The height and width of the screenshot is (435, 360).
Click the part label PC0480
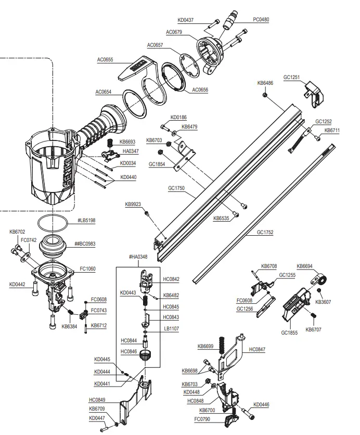click(261, 20)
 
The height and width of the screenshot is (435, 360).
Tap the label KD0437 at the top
click(185, 20)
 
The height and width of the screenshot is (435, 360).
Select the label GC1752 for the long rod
click(264, 233)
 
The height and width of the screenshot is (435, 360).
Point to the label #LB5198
click(86, 221)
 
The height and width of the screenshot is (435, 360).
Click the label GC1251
click(291, 77)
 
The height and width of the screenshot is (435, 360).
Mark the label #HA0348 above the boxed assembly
click(138, 257)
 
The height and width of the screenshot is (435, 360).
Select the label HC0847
click(257, 349)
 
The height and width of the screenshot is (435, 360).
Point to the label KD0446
click(261, 404)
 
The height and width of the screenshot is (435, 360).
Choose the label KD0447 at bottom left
click(96, 418)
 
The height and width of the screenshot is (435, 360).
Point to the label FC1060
click(87, 270)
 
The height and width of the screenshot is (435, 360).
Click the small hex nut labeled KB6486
click(265, 95)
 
